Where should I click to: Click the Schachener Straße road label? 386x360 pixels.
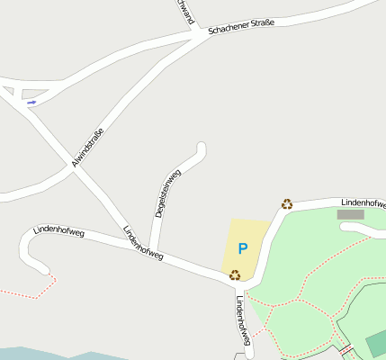click(240, 26)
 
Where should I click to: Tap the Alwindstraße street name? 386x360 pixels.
click(87, 148)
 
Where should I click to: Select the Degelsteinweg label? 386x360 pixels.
click(167, 193)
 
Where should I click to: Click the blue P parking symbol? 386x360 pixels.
click(242, 248)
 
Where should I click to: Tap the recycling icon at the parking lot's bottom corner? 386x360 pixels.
click(235, 275)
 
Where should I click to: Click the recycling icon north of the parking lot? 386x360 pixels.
click(287, 204)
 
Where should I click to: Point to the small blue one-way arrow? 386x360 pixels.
click(31, 103)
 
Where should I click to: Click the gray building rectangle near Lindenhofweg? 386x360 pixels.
click(350, 215)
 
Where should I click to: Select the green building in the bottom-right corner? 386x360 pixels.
click(377, 343)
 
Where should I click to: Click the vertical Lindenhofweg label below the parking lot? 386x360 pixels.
click(243, 319)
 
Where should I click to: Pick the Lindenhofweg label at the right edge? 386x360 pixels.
click(364, 203)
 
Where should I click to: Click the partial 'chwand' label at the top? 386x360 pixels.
click(185, 11)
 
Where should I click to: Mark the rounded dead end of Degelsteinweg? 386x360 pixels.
click(201, 148)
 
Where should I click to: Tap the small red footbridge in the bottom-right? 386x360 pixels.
click(346, 350)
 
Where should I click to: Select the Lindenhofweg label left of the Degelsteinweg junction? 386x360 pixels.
click(143, 242)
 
